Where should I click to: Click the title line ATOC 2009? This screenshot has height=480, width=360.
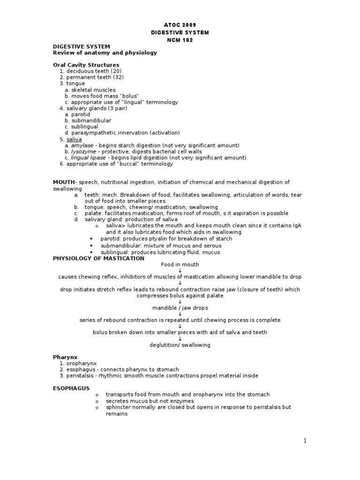(x=180, y=25)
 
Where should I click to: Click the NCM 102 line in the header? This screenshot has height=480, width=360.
(x=180, y=40)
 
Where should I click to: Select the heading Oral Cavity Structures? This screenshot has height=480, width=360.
(x=86, y=65)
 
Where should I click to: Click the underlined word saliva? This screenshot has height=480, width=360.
(x=74, y=139)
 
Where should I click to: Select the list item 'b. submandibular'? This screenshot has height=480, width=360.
(x=88, y=120)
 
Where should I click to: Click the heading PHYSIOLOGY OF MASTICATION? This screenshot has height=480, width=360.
(x=98, y=258)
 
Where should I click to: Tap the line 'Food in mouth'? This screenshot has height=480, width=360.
(x=180, y=265)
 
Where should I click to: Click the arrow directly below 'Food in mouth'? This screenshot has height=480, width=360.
(x=180, y=271)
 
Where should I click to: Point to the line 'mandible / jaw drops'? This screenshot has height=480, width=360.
(x=180, y=308)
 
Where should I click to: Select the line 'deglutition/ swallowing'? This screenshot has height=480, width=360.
(x=180, y=345)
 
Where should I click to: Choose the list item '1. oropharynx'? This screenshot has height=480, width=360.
(x=77, y=363)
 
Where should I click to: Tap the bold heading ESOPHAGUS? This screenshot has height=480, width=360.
(x=71, y=388)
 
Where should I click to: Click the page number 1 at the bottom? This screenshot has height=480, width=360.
(x=305, y=441)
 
